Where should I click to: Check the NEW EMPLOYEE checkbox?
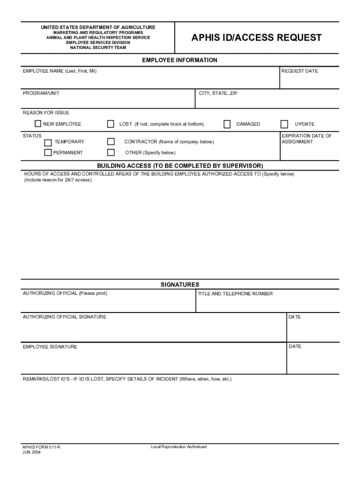pyautogui.click(x=38, y=124)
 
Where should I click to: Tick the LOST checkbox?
pyautogui.click(x=111, y=124)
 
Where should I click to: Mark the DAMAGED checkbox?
pyautogui.click(x=227, y=124)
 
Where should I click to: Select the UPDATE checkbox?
pyautogui.click(x=284, y=124)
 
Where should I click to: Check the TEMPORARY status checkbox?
pyautogui.click(x=48, y=142)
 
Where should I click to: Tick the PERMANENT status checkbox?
pyautogui.click(x=48, y=152)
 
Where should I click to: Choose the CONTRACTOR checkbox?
pyautogui.click(x=111, y=142)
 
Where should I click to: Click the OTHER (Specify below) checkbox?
pyautogui.click(x=111, y=152)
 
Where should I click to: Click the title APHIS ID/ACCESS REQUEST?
pyautogui.click(x=256, y=38)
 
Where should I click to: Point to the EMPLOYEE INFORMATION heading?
pyautogui.click(x=180, y=60)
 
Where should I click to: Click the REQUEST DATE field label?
pyautogui.click(x=299, y=71)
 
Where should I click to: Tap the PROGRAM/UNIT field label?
pyautogui.click(x=41, y=93)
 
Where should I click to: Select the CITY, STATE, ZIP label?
pyautogui.click(x=218, y=93)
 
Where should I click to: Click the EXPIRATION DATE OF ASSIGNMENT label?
pyautogui.click(x=306, y=139)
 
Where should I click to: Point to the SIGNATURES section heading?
pyautogui.click(x=180, y=284)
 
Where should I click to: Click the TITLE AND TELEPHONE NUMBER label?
pyautogui.click(x=235, y=294)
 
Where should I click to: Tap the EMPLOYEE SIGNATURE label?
pyautogui.click(x=50, y=347)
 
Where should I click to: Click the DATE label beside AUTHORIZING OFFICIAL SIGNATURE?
pyautogui.click(x=295, y=317)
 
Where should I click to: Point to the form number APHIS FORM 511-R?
pyautogui.click(x=42, y=447)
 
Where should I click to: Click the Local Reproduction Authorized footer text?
pyautogui.click(x=179, y=447)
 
